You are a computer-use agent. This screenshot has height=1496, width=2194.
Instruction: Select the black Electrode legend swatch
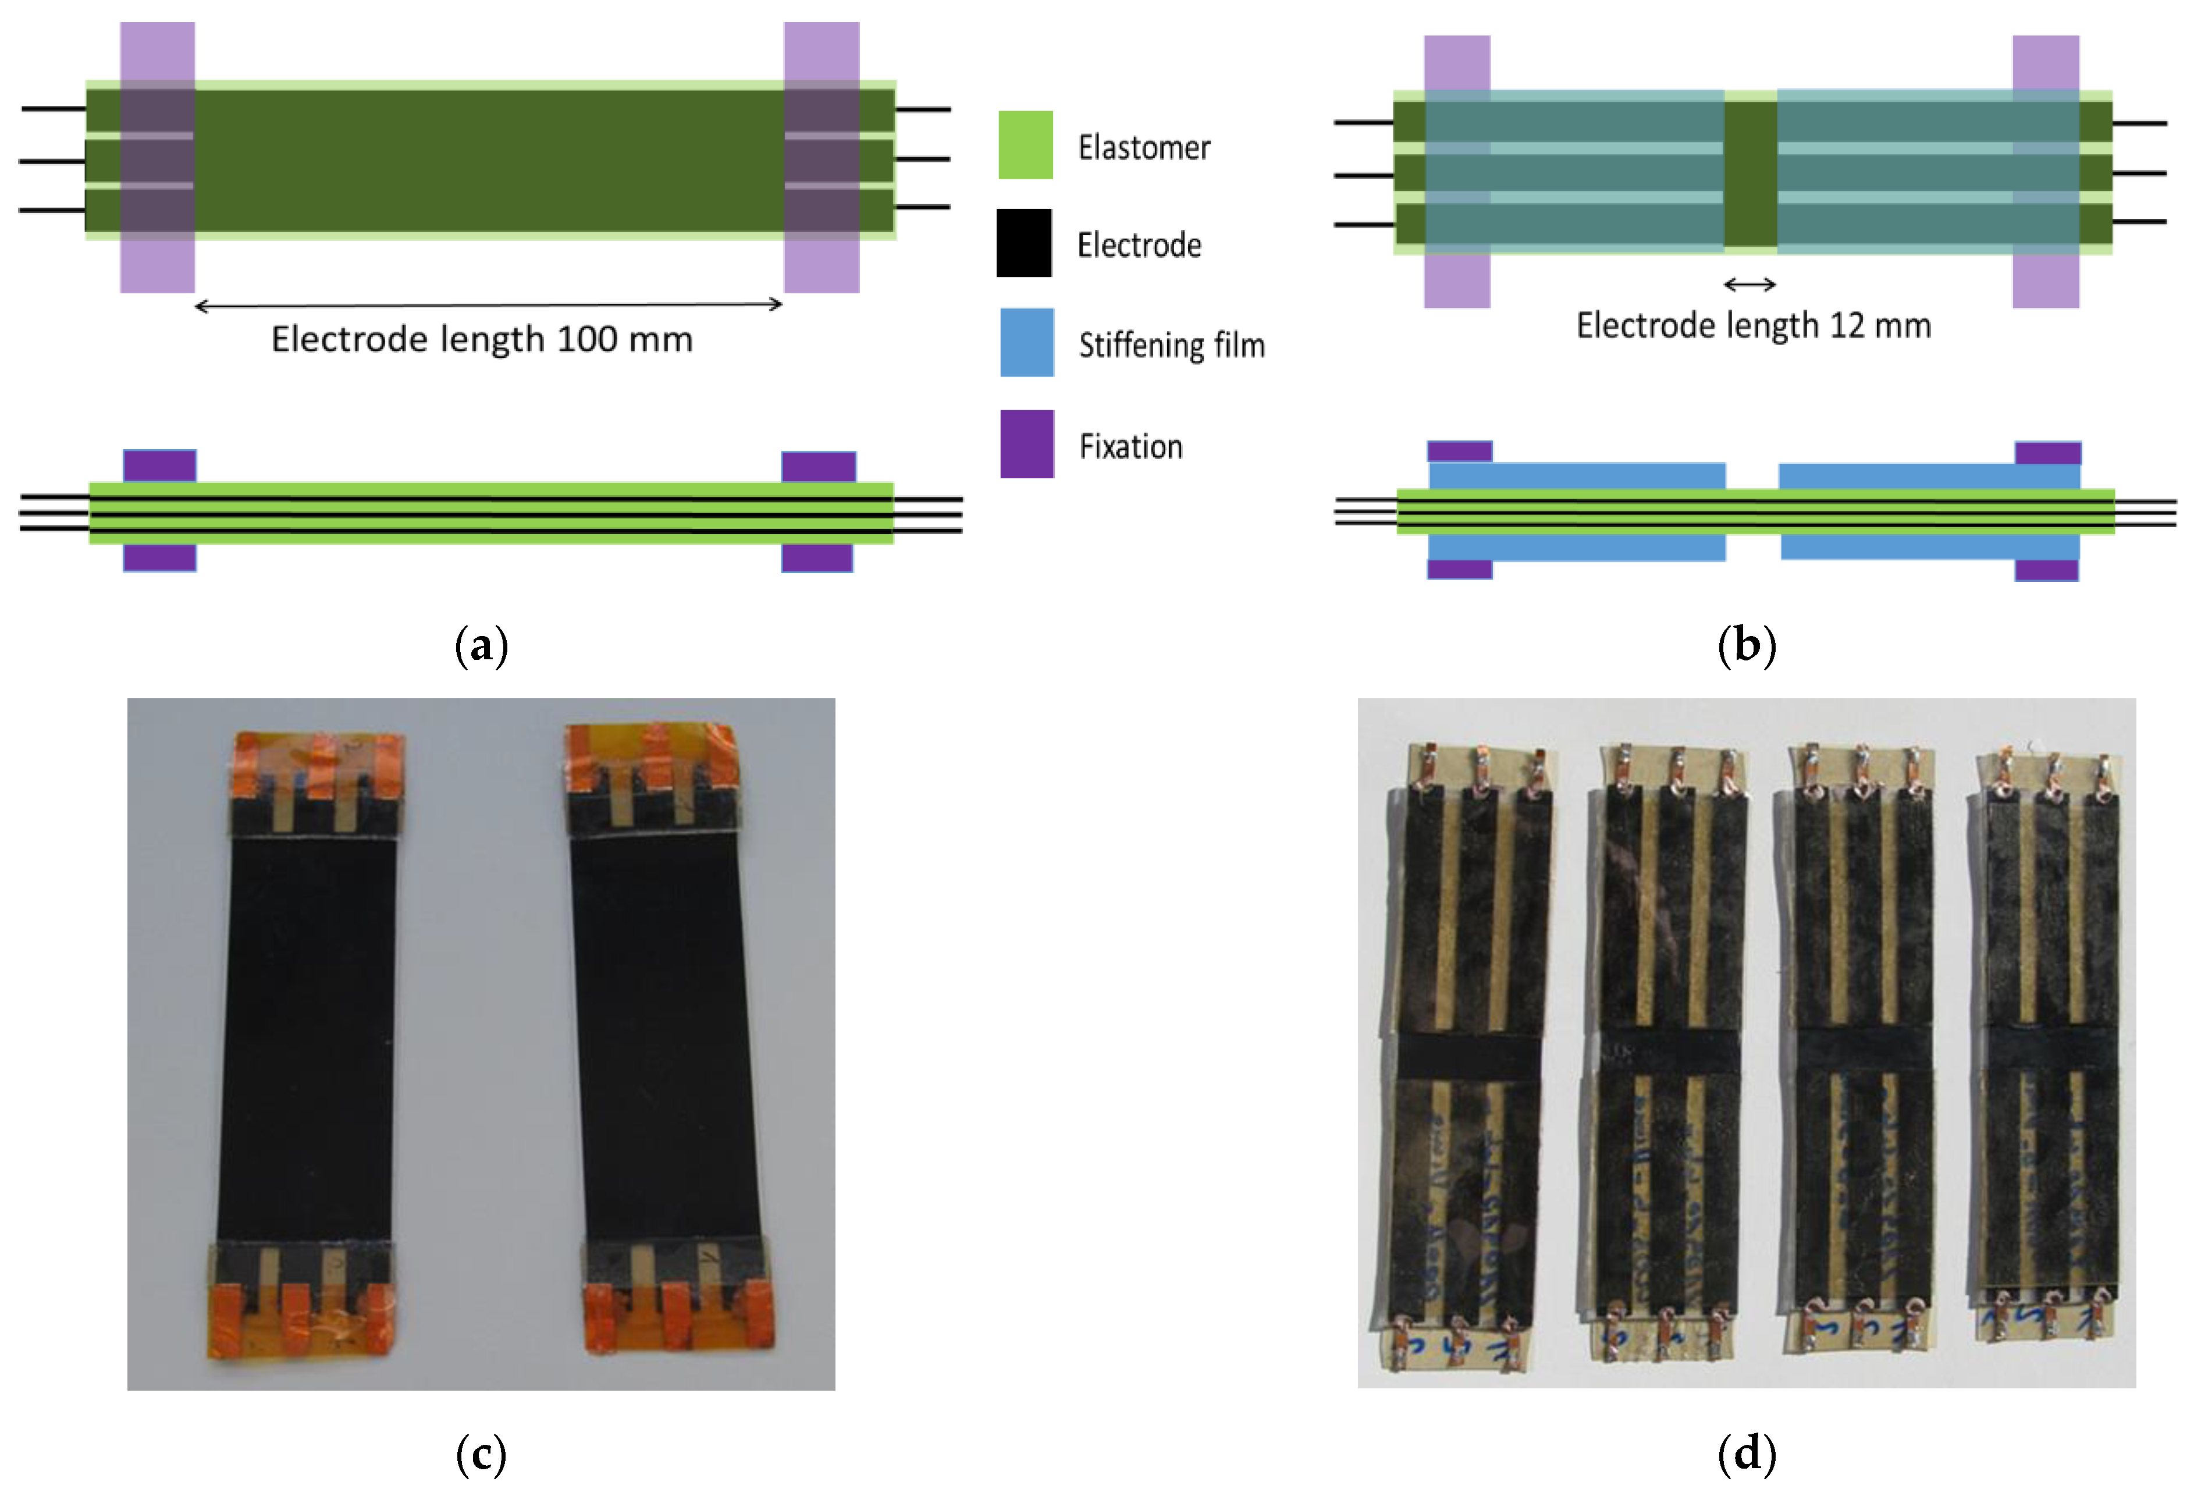tap(1025, 243)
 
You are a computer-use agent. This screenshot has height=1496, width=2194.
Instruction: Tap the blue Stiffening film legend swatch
tap(1027, 342)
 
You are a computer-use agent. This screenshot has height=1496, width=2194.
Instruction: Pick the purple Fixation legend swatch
tap(1027, 444)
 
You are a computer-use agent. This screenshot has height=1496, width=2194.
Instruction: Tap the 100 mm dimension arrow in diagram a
tap(488, 305)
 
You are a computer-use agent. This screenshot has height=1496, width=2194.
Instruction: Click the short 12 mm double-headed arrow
tap(1749, 283)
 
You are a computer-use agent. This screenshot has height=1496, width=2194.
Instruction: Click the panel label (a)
tap(482, 646)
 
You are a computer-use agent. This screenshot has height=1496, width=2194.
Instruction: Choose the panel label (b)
tap(1747, 646)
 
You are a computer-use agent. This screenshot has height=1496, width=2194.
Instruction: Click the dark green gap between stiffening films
tap(1750, 173)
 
